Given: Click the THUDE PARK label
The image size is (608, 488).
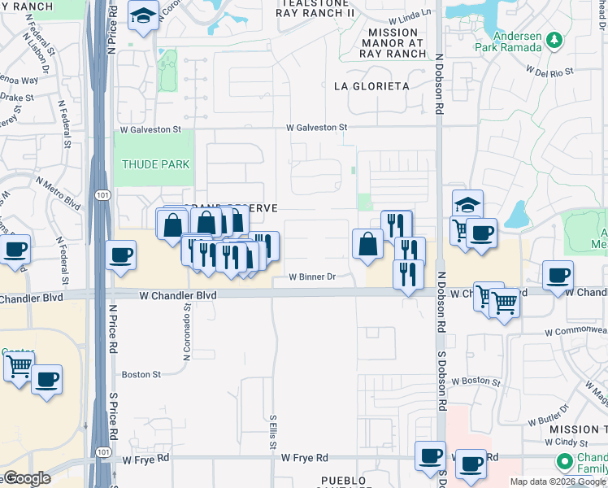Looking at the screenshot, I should pyautogui.click(x=155, y=164).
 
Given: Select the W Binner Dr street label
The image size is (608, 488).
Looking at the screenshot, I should pyautogui.click(x=313, y=277).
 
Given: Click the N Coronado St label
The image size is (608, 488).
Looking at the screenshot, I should pyautogui.click(x=188, y=318).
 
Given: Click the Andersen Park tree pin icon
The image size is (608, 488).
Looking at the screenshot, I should pyautogui.click(x=554, y=40).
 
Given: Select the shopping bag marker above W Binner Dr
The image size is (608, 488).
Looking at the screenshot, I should pyautogui.click(x=367, y=243).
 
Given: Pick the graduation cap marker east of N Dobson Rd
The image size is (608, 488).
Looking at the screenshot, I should pyautogui.click(x=467, y=205).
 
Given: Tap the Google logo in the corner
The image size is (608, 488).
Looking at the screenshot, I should pyautogui.click(x=26, y=478).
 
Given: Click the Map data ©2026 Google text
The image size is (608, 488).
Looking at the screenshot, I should pyautogui.click(x=557, y=481).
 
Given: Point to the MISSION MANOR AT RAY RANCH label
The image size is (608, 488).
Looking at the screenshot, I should pyautogui.click(x=393, y=44).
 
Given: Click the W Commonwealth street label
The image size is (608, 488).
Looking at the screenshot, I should pyautogui.click(x=575, y=332).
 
